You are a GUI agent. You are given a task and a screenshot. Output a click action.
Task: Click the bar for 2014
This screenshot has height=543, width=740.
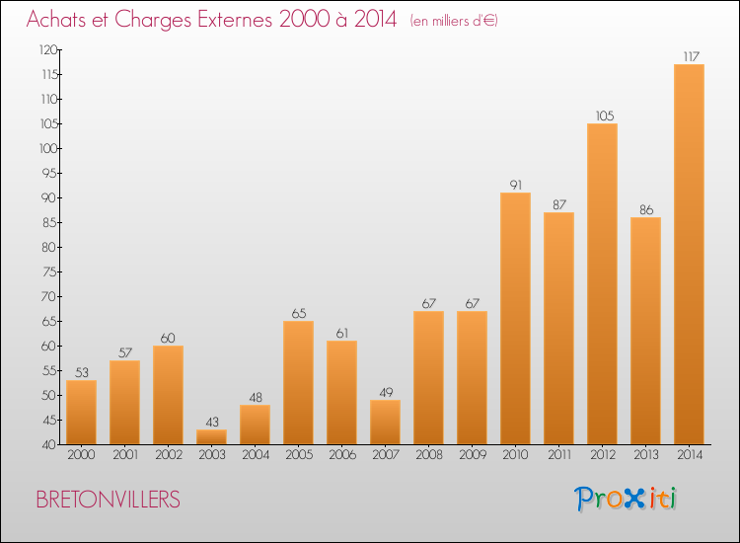tap(689, 255)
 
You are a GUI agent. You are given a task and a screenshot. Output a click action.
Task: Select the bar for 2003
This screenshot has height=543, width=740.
tap(211, 437)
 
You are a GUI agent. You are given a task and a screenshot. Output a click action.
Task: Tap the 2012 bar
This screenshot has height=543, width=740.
tap(602, 284)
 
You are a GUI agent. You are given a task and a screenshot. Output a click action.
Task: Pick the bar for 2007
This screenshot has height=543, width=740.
tap(385, 423)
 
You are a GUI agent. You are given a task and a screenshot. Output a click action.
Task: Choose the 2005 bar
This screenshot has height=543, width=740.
tap(298, 383)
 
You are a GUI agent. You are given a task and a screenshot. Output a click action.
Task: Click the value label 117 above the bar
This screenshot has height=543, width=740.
tap(689, 56)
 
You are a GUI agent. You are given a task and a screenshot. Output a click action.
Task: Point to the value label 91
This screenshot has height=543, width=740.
tap(515, 185)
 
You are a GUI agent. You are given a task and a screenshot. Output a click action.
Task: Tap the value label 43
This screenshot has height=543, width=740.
tap(211, 422)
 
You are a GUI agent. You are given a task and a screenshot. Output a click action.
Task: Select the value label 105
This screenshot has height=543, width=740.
tap(602, 116)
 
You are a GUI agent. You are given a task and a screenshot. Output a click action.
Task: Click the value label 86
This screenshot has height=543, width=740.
tap(645, 209)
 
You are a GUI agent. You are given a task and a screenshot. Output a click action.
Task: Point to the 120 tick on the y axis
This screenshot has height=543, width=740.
tap(46, 49)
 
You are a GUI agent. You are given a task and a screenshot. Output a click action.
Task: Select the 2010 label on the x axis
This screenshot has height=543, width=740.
tap(515, 455)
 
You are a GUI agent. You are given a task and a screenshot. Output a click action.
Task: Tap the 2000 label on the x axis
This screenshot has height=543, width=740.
tap(81, 455)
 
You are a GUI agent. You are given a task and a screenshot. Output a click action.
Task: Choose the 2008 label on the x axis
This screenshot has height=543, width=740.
tap(428, 455)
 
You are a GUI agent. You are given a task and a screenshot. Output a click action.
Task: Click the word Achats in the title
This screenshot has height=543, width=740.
tap(61, 20)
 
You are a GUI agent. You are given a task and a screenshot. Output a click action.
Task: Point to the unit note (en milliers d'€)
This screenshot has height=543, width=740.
tap(454, 21)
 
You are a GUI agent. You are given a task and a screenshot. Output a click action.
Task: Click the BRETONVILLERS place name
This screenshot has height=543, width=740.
tap(109, 500)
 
